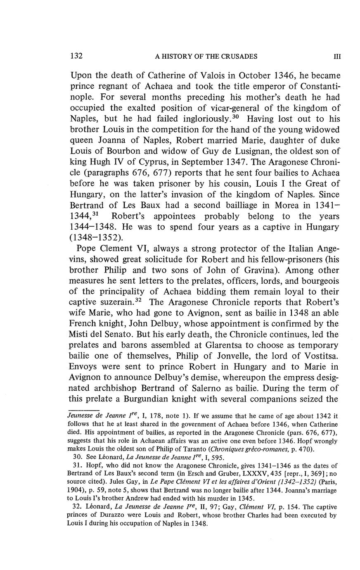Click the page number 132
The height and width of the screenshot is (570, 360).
click(77, 56)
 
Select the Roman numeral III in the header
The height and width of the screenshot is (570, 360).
click(337, 57)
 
